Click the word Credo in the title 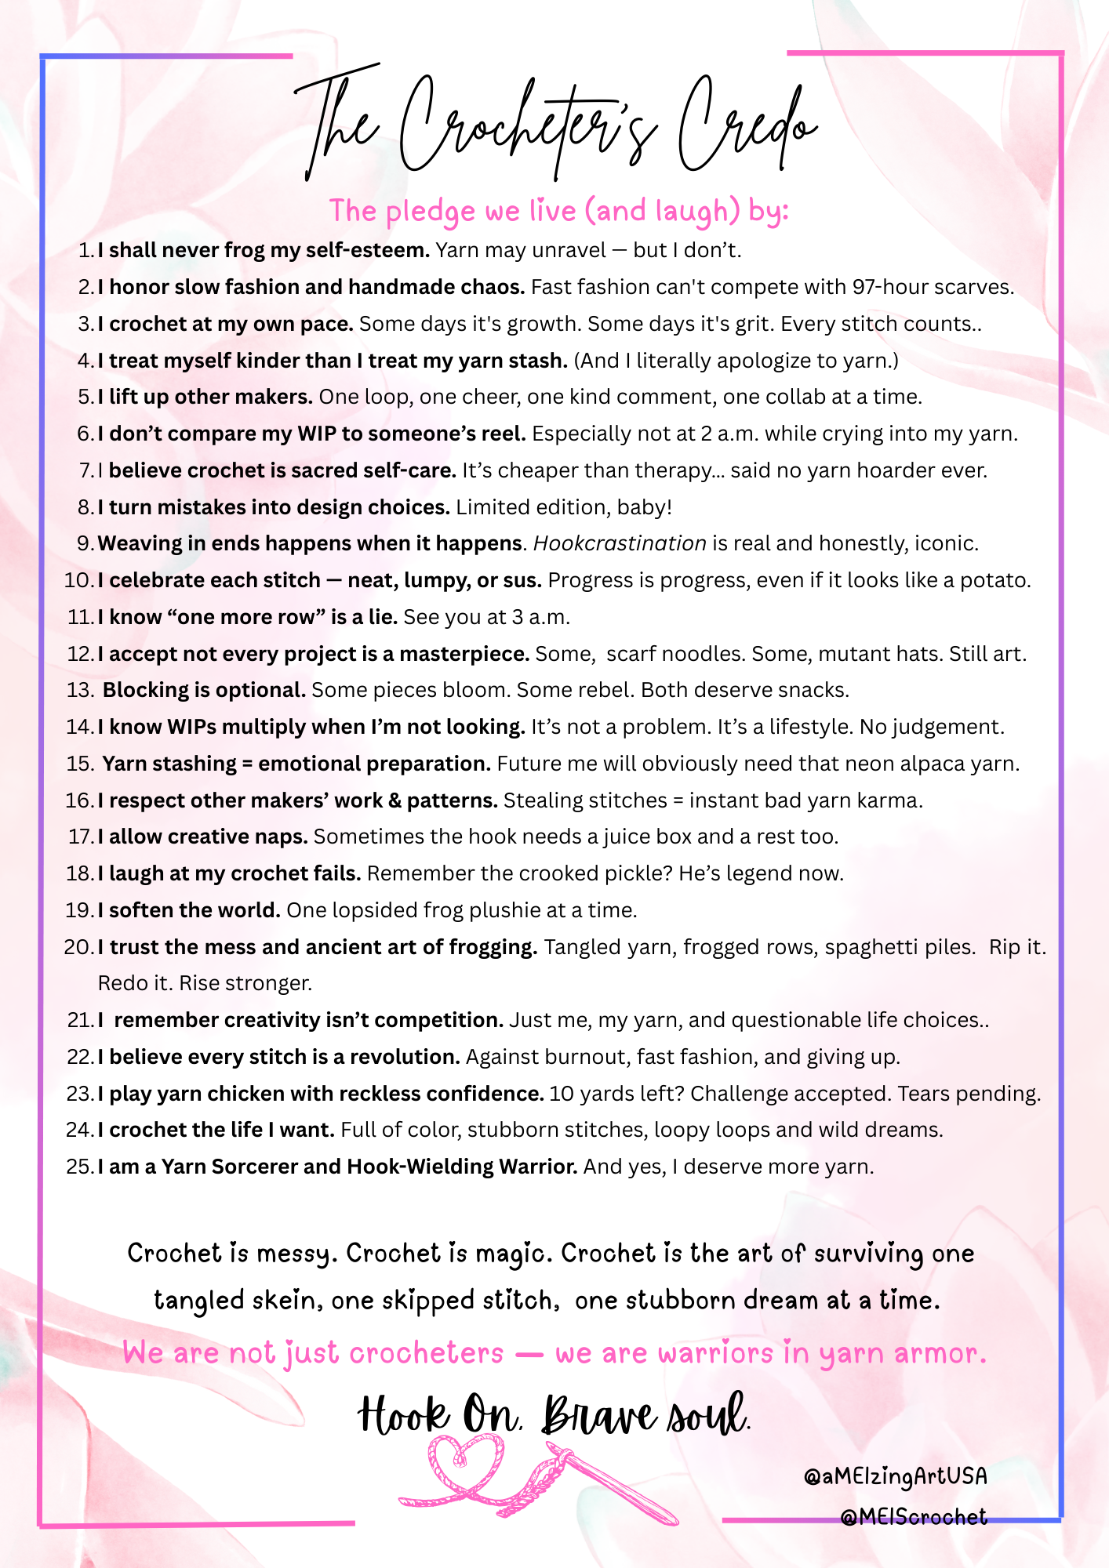click(x=745, y=125)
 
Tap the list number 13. click(x=79, y=691)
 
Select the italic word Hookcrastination click(x=620, y=544)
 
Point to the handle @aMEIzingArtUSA click(x=895, y=1477)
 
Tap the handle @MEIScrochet click(x=913, y=1518)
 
